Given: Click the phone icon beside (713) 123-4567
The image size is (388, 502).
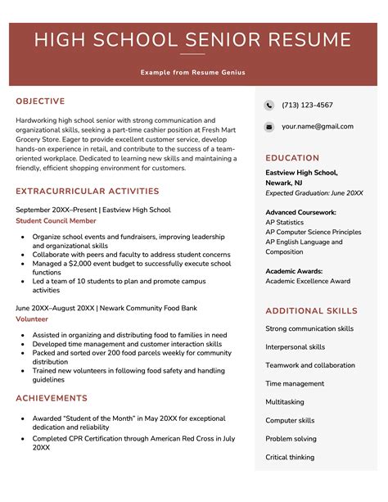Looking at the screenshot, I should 269,106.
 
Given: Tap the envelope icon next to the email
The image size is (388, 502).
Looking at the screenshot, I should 269,127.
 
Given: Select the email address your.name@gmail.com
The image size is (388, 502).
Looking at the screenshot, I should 318,127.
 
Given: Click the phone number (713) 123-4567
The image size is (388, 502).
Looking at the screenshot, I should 307,106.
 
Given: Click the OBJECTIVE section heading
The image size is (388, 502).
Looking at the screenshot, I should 40,102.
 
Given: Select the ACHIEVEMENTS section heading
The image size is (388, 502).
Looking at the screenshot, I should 52,398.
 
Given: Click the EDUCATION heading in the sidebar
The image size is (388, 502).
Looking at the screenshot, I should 292,158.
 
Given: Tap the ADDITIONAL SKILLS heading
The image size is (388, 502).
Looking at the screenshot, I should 311,311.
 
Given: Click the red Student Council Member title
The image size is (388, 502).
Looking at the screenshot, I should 56,221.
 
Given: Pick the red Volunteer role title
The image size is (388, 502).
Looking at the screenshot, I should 32,319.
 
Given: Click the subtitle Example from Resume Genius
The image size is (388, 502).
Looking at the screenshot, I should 193,72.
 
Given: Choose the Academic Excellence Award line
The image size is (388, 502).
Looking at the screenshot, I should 308,281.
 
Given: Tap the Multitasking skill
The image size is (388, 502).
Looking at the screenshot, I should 285,402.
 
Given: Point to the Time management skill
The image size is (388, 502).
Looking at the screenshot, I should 295,383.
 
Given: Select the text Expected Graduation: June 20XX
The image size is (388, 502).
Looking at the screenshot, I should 314,192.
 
